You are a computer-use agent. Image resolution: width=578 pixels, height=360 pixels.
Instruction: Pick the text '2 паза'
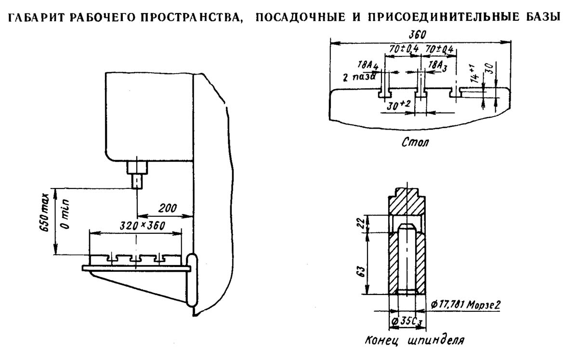tap(356, 77)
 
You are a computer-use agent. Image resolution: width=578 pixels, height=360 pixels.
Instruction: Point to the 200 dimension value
tap(168, 209)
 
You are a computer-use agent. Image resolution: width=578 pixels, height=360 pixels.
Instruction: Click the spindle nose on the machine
tap(137, 181)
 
